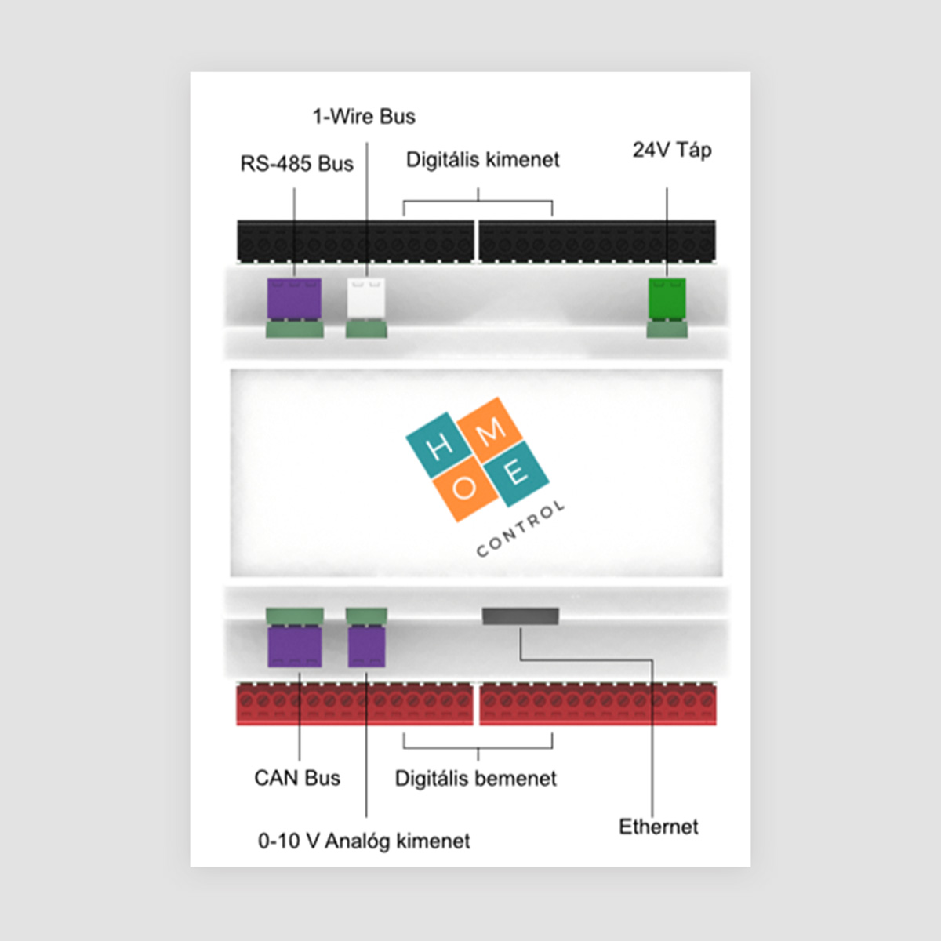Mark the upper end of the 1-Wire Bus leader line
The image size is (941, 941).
click(367, 143)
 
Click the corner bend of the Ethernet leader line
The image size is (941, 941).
click(652, 660)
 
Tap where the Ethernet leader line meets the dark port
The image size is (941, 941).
click(521, 626)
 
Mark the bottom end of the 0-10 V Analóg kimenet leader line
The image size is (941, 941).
click(366, 816)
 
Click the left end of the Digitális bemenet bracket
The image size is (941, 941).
click(404, 733)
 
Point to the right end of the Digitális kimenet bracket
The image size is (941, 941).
click(552, 216)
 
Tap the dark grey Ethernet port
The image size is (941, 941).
click(521, 616)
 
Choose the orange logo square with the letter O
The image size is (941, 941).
click(465, 489)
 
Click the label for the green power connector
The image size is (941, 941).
click(672, 150)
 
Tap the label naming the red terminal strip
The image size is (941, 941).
click(476, 779)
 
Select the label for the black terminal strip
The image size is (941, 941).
click(482, 160)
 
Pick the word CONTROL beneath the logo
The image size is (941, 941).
click(521, 529)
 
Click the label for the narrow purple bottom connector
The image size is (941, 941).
click(364, 841)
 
